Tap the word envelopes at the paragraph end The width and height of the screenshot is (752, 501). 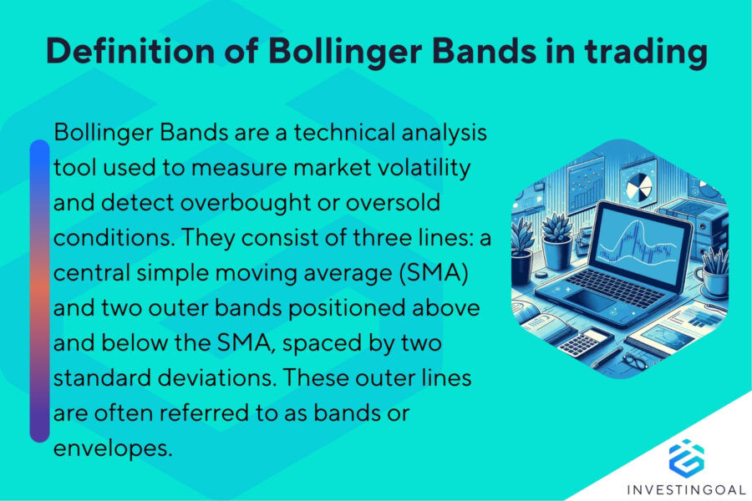point(113,448)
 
